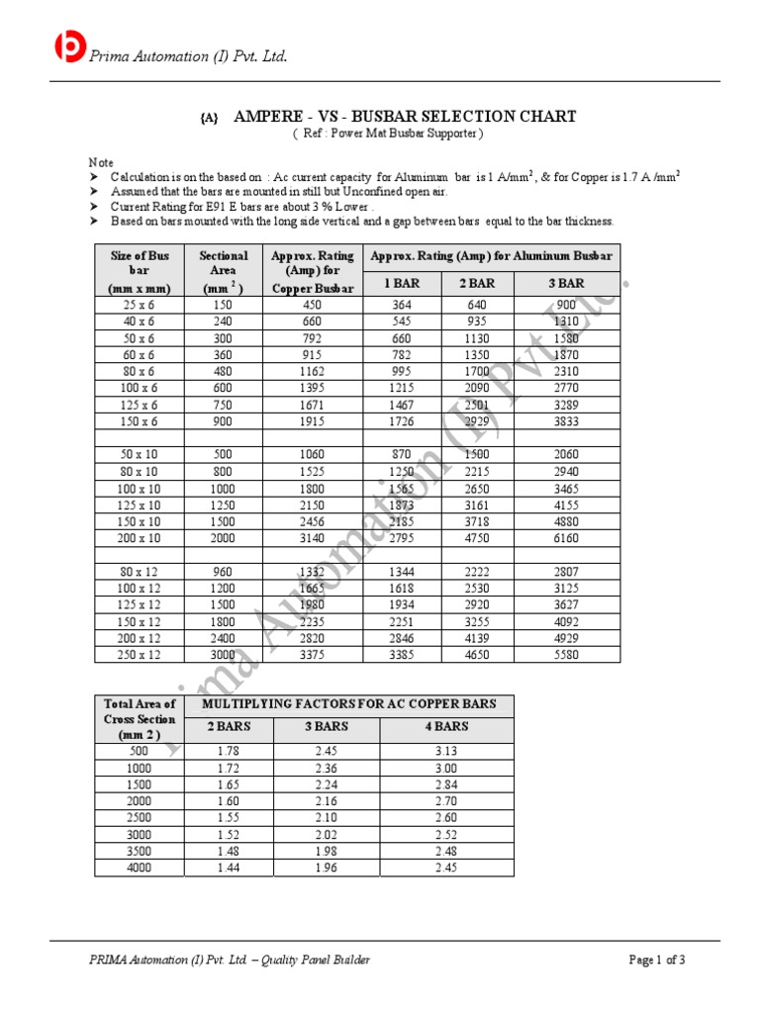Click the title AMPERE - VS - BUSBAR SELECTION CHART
pyautogui.click(x=404, y=117)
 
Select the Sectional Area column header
pyautogui.click(x=223, y=271)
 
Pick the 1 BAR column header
pyautogui.click(x=402, y=284)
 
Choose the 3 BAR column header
pyautogui.click(x=567, y=284)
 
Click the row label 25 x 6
pyautogui.click(x=139, y=305)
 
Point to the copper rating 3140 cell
pyautogui.click(x=312, y=538)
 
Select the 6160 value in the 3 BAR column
pyautogui.click(x=567, y=538)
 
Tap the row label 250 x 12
pyautogui.click(x=139, y=655)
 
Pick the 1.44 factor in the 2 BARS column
pyautogui.click(x=228, y=869)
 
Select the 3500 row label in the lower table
pyautogui.click(x=139, y=852)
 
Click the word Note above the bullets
pyautogui.click(x=101, y=162)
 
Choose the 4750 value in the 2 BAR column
pyautogui.click(x=476, y=538)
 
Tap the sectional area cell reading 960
pyautogui.click(x=223, y=571)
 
